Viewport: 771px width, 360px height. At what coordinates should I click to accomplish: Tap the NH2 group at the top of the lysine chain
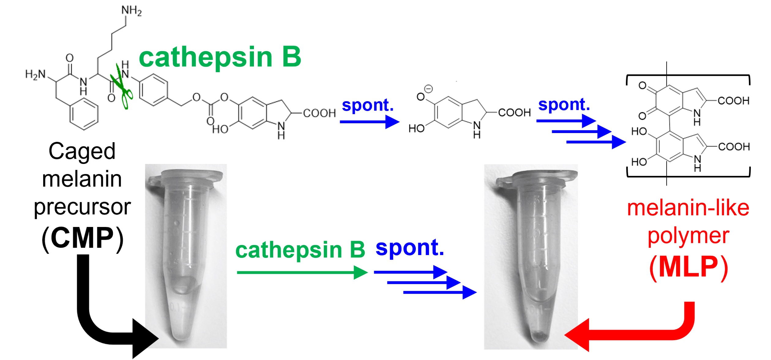coord(132,11)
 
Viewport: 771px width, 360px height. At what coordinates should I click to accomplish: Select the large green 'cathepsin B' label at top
coord(220,57)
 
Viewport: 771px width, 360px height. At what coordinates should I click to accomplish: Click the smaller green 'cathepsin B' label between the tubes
coord(300,250)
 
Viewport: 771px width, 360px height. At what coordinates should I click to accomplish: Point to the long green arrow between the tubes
coord(301,272)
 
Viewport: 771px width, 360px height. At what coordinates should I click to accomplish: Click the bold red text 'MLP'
coord(688,267)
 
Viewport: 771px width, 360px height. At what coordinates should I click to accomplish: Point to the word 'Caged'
coord(82,151)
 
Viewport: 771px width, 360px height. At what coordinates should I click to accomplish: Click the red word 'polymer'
coord(688,236)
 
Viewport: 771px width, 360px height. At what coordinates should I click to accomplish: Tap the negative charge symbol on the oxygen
coord(429,89)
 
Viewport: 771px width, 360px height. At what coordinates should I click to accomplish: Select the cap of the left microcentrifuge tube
coord(187,179)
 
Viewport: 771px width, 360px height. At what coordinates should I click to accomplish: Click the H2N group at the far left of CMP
coord(35,74)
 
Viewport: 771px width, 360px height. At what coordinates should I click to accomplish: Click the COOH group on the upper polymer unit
coord(733,101)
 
